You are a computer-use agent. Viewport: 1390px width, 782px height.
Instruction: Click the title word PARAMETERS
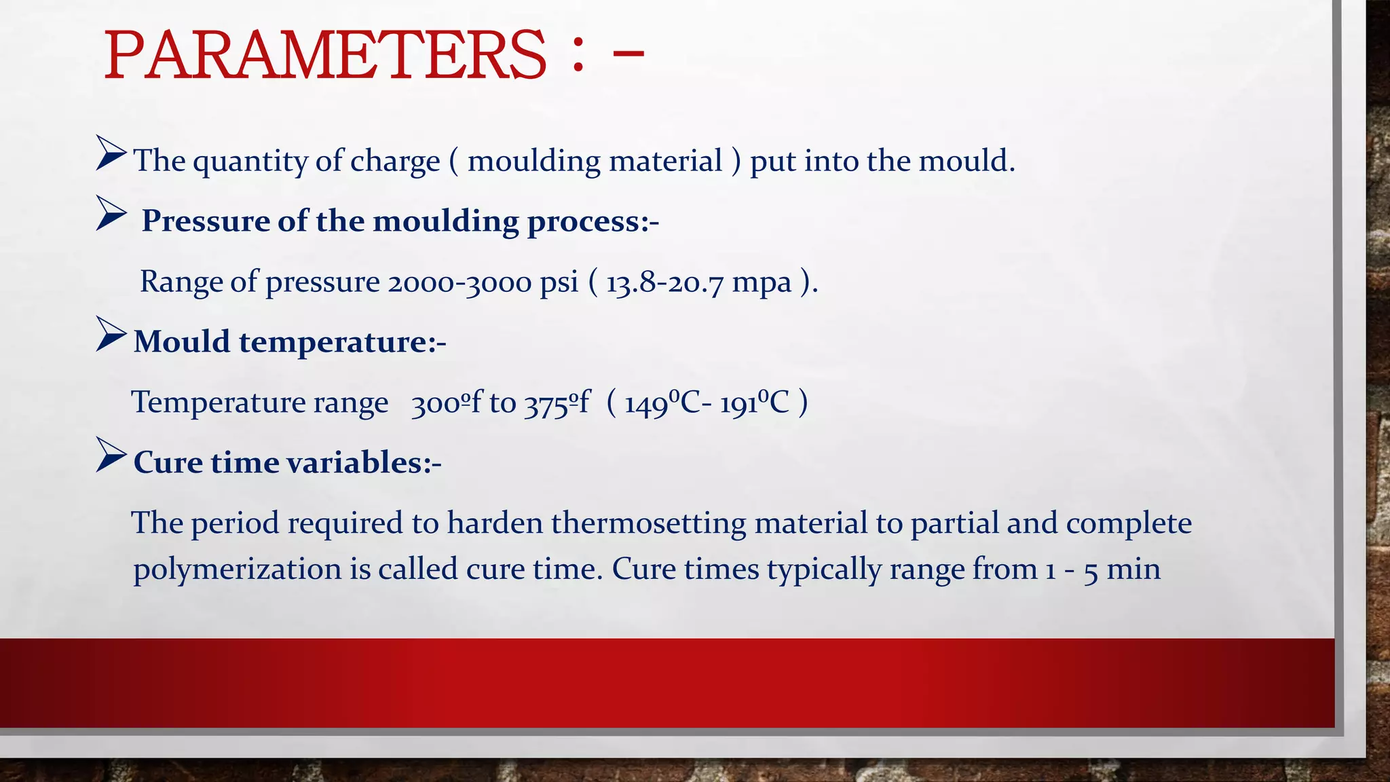click(x=324, y=56)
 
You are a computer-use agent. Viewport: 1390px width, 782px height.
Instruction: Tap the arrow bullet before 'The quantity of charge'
click(x=111, y=153)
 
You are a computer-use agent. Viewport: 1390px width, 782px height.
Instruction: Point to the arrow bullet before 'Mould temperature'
click(x=111, y=334)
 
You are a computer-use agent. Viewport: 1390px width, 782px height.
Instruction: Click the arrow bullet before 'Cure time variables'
click(x=111, y=455)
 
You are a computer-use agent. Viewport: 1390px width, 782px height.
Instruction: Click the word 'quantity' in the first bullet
click(x=250, y=162)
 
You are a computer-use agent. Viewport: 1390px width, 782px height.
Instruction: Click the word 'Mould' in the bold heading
click(x=182, y=341)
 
